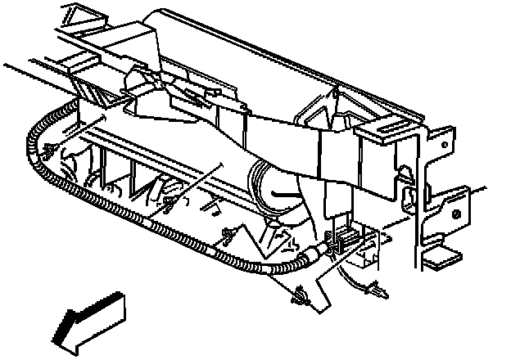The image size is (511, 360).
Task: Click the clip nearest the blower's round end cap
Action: tap(225, 239)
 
